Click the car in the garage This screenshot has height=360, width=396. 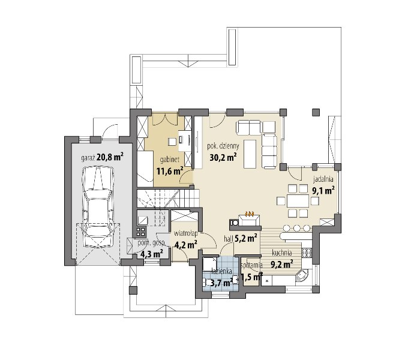98,207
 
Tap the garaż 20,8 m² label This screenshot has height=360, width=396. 102,157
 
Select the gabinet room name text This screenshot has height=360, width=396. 170,160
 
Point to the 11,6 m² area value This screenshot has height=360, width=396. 170,171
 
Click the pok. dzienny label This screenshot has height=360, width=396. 223,146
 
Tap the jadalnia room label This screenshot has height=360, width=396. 323,179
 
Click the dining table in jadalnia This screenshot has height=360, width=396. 298,201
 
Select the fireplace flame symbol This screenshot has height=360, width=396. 250,214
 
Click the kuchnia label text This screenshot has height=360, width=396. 282,253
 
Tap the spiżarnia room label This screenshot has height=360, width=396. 252,265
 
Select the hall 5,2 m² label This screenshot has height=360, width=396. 241,238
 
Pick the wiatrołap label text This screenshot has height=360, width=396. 186,233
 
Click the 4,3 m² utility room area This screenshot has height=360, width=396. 151,253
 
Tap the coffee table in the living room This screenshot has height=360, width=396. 250,154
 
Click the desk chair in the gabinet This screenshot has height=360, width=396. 172,142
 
